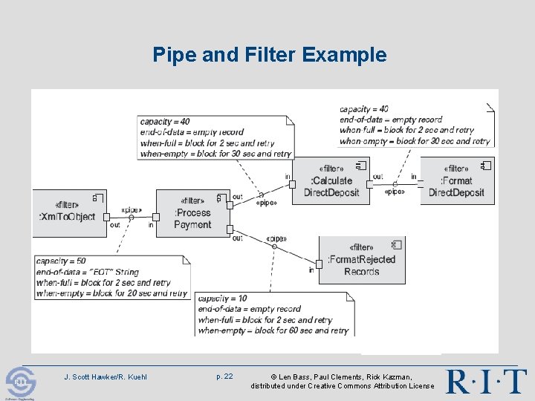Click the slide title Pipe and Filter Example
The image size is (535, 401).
point(269,55)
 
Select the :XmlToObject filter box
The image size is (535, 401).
point(68,212)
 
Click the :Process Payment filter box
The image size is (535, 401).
point(192,213)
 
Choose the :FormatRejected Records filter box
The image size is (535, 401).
point(361,260)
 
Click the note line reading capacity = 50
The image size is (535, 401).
point(61,261)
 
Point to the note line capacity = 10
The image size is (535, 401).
point(223,299)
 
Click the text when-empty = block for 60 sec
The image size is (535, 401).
point(273,330)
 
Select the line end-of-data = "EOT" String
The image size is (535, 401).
point(87,272)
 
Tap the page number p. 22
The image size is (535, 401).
point(224,376)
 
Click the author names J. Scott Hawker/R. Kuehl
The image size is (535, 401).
point(106,377)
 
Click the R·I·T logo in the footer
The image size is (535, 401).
point(486,382)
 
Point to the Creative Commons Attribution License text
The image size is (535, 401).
point(343,386)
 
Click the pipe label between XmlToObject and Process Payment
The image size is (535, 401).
point(132,210)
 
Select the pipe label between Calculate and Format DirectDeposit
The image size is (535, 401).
point(395,192)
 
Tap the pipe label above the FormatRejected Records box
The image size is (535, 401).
point(276,238)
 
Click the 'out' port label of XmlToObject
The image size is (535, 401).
point(114,225)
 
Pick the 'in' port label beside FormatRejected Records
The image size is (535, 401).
point(311,270)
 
